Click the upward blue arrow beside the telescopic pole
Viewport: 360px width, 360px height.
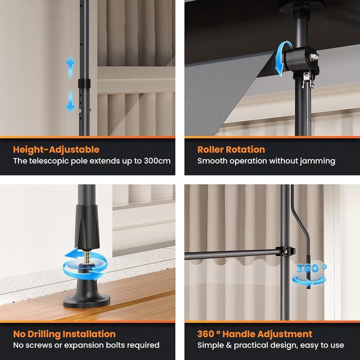(x=70, y=67)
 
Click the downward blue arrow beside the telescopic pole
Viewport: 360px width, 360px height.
(x=70, y=101)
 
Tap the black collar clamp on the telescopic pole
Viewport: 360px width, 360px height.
(x=84, y=83)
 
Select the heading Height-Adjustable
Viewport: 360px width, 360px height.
(x=56, y=150)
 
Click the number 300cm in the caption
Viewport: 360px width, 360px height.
(x=157, y=161)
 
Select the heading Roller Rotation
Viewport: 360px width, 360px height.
(x=231, y=150)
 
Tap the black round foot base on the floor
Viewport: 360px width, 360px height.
(x=86, y=296)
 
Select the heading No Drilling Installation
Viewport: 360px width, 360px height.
(x=64, y=334)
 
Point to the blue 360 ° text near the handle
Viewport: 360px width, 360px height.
(x=311, y=268)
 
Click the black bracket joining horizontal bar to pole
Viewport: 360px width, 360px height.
(x=285, y=251)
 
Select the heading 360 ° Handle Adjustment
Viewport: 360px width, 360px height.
(x=255, y=334)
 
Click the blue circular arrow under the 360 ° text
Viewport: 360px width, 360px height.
(x=309, y=281)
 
